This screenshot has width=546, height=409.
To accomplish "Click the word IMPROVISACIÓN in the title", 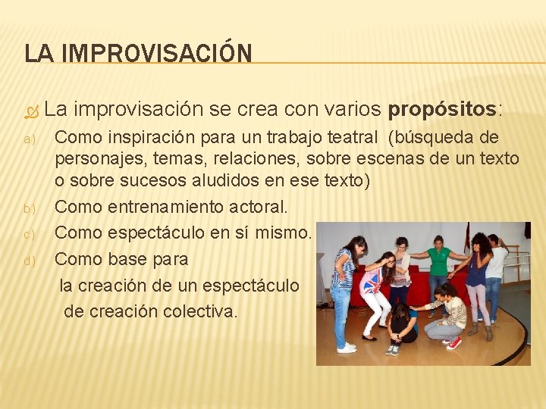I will pyautogui.click(x=158, y=54).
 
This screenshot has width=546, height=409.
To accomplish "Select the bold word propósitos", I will pyautogui.click(x=442, y=109).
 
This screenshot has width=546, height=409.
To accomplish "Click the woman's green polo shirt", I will pyautogui.click(x=439, y=261).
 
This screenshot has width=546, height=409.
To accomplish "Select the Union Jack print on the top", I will pyautogui.click(x=372, y=280).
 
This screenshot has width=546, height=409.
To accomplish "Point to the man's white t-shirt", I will pyautogui.click(x=497, y=262).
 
